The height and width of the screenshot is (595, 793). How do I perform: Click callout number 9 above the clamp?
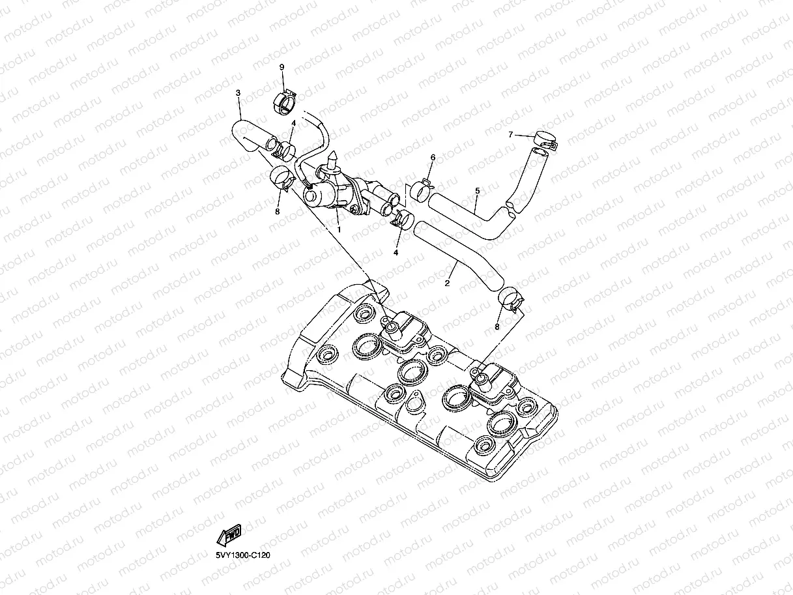pyautogui.click(x=282, y=67)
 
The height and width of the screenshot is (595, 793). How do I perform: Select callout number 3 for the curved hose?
pyautogui.click(x=238, y=93)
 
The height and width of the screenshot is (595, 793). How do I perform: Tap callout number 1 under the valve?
pyautogui.click(x=338, y=230)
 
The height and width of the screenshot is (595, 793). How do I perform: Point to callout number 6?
pyautogui.click(x=433, y=158)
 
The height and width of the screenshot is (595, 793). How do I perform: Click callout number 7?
pyautogui.click(x=512, y=135)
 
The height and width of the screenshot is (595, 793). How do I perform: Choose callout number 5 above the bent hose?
pyautogui.click(x=478, y=191)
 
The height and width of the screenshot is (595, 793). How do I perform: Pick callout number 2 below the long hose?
pyautogui.click(x=447, y=283)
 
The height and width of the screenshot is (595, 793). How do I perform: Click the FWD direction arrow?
pyautogui.click(x=229, y=535)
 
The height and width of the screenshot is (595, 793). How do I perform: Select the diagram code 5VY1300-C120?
pyautogui.click(x=243, y=555)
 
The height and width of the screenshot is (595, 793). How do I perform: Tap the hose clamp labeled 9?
pyautogui.click(x=284, y=102)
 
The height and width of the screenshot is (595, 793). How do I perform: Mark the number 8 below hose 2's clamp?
pyautogui.click(x=497, y=327)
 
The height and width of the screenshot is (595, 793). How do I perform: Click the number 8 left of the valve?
pyautogui.click(x=277, y=211)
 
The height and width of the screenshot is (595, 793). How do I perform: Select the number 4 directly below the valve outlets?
pyautogui.click(x=396, y=252)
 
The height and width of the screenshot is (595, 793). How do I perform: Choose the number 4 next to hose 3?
pyautogui.click(x=294, y=123)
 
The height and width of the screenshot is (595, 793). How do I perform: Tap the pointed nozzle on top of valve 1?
pyautogui.click(x=334, y=158)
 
